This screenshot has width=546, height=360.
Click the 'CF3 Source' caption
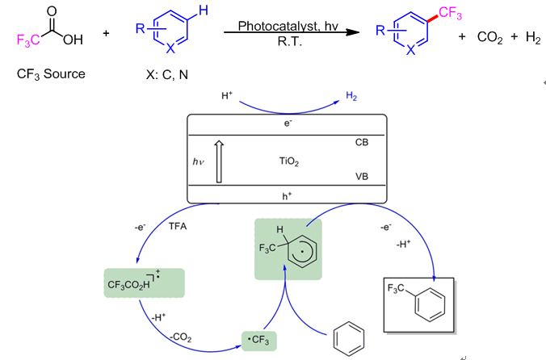point(51,74)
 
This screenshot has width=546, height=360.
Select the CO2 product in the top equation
point(490,38)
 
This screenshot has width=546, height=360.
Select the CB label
point(362,142)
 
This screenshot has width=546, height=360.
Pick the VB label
point(362,175)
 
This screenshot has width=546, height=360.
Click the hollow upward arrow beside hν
point(217,161)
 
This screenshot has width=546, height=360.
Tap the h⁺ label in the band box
point(287,195)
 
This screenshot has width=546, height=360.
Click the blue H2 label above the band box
point(351,97)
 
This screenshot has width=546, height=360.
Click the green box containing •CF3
point(259,340)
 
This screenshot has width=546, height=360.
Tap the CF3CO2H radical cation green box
point(144,283)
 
